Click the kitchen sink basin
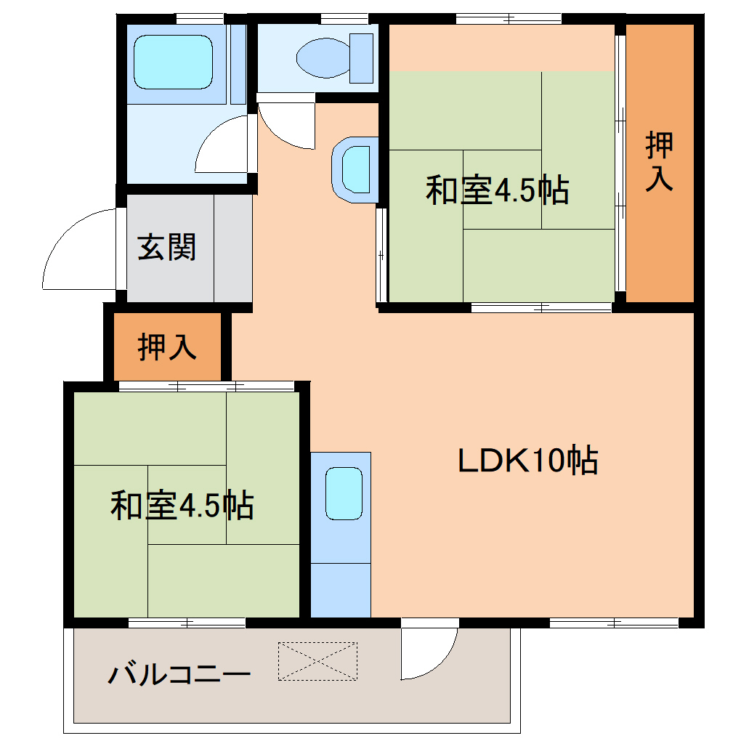click(343, 493)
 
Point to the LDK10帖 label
click(527, 461)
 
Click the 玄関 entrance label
click(167, 248)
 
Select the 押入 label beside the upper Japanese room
click(660, 161)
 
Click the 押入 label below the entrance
click(167, 347)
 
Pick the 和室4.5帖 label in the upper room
click(497, 190)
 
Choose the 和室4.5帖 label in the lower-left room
click(182, 505)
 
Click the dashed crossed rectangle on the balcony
click(317, 660)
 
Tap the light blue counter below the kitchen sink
click(341, 589)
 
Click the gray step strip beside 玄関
click(232, 248)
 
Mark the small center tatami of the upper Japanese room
click(502, 190)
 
